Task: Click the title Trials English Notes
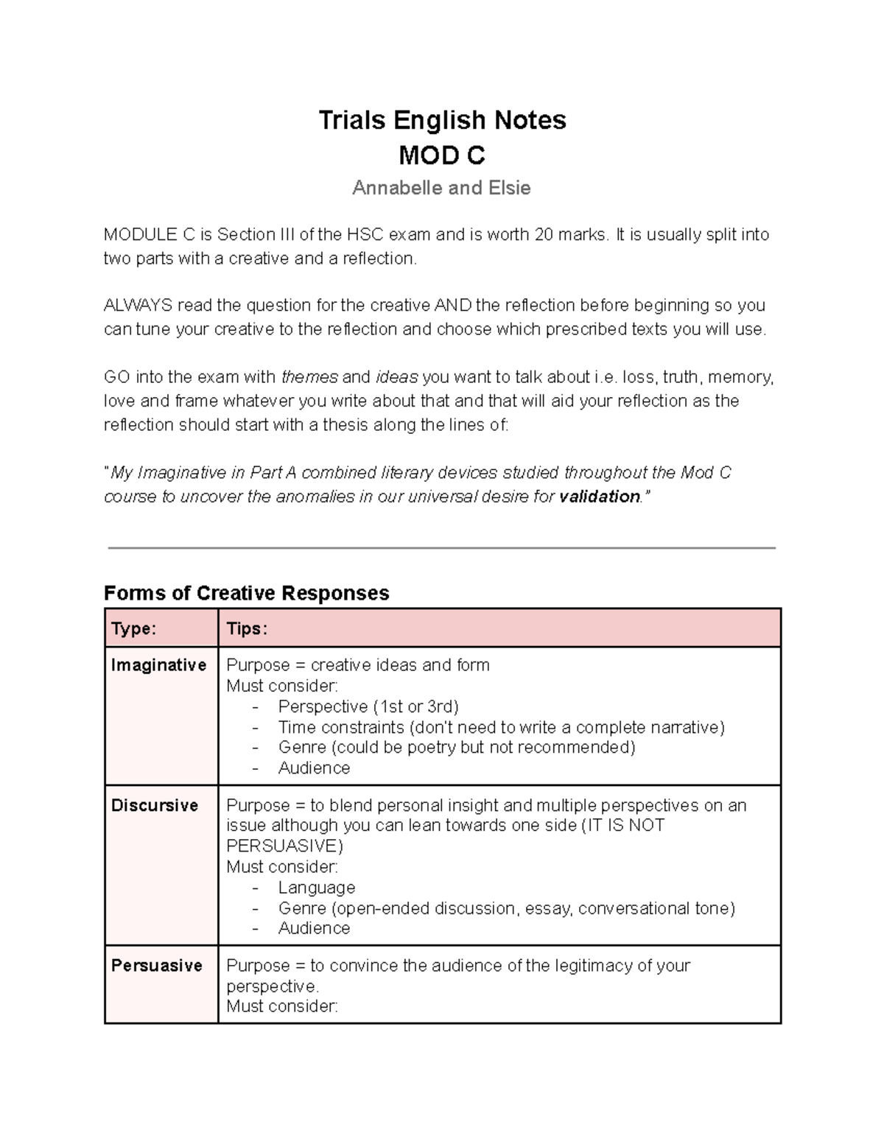pyautogui.click(x=442, y=120)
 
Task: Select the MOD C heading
pyautogui.click(x=442, y=155)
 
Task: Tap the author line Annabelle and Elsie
pyautogui.click(x=441, y=189)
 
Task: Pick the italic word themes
pyautogui.click(x=309, y=378)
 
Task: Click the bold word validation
pyautogui.click(x=600, y=497)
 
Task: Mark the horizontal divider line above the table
pyautogui.click(x=442, y=548)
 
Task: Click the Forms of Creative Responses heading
pyautogui.click(x=246, y=593)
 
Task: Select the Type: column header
pyautogui.click(x=133, y=628)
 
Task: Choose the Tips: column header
pyautogui.click(x=247, y=628)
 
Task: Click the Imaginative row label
pyautogui.click(x=158, y=665)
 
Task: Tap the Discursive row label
pyautogui.click(x=155, y=805)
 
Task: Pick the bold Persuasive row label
pyautogui.click(x=156, y=966)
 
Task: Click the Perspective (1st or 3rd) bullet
pyautogui.click(x=368, y=706)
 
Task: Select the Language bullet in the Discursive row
pyautogui.click(x=317, y=888)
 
